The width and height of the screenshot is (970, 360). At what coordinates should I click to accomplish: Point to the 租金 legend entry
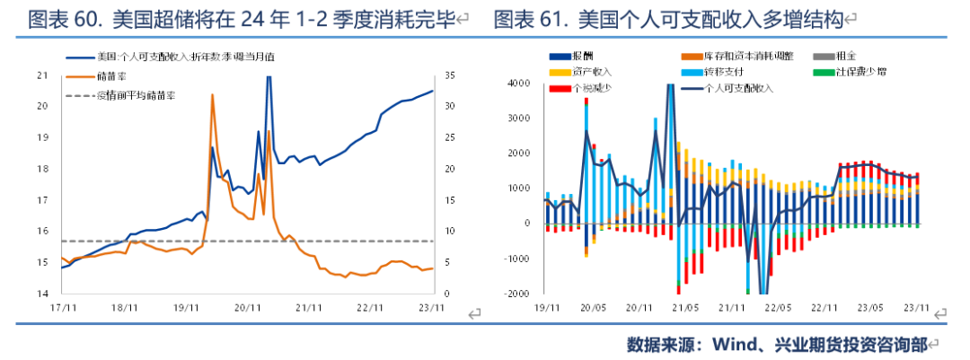[x=844, y=56]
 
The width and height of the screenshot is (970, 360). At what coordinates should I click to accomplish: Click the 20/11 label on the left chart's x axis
[x=247, y=307]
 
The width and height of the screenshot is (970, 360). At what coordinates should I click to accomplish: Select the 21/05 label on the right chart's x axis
[x=687, y=307]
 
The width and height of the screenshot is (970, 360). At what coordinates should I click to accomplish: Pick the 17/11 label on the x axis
[x=61, y=307]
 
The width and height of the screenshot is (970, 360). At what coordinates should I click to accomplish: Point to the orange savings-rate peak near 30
[x=212, y=95]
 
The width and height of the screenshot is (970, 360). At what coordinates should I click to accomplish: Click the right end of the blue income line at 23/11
[x=433, y=91]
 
